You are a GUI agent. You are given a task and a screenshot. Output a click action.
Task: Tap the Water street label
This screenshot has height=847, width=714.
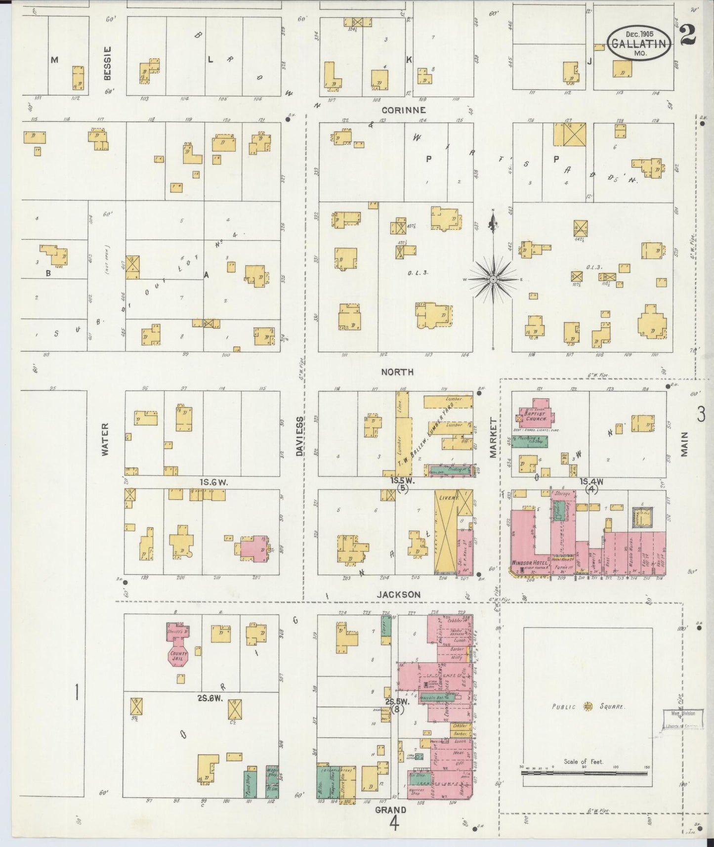pos(105,438)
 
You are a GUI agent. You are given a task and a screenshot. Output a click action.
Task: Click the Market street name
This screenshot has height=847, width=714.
pos(493,438)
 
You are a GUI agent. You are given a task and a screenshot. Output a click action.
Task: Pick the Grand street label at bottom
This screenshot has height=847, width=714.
pos(390,810)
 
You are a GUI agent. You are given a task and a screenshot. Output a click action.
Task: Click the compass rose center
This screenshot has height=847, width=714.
pos(493,280)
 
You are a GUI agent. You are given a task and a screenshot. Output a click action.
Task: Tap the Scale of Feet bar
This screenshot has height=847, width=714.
pos(585,785)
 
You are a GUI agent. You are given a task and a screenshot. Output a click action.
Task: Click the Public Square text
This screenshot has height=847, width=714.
pos(588,707)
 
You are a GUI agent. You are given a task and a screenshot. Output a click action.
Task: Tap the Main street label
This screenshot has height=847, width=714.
pos(685,444)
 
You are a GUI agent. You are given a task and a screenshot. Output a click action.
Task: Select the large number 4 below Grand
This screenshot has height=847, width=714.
pos(394,823)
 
